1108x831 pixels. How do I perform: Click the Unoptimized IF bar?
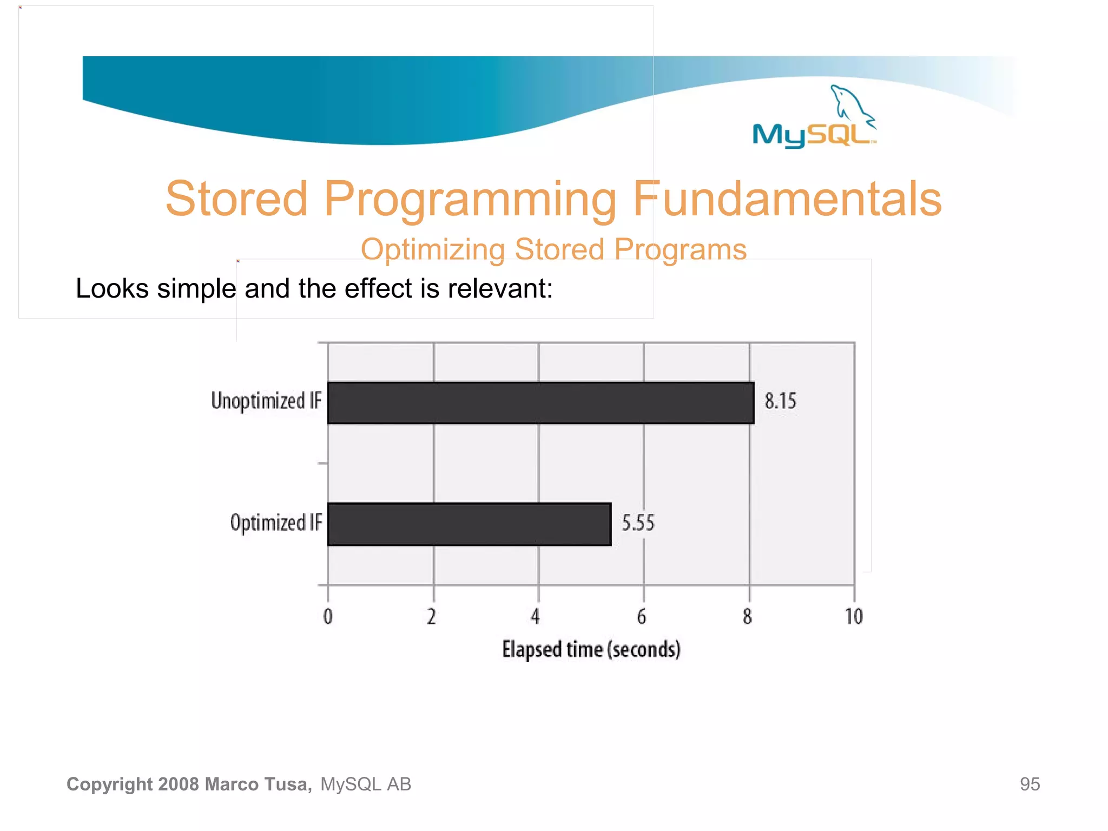point(540,403)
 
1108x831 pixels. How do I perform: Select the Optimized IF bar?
point(469,524)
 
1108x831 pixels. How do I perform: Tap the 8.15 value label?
point(780,401)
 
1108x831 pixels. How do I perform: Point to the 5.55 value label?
point(638,523)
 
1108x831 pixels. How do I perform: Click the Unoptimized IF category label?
point(266,401)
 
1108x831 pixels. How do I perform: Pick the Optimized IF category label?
point(276,523)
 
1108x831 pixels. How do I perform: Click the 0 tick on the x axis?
point(328,616)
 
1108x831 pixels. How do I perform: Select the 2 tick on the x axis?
point(431,616)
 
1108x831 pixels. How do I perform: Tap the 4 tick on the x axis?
point(536,616)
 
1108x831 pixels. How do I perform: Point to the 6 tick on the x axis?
point(642,616)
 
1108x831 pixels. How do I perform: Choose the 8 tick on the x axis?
point(747,616)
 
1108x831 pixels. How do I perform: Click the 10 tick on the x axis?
point(854,616)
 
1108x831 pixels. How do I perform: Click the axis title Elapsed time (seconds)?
point(591,649)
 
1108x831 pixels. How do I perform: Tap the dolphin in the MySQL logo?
point(850,103)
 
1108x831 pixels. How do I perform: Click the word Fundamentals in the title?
point(787,199)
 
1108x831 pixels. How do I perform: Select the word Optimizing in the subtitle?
point(433,249)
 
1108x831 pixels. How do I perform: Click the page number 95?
point(1030,784)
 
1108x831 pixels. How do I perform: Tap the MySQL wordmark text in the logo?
point(812,134)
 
